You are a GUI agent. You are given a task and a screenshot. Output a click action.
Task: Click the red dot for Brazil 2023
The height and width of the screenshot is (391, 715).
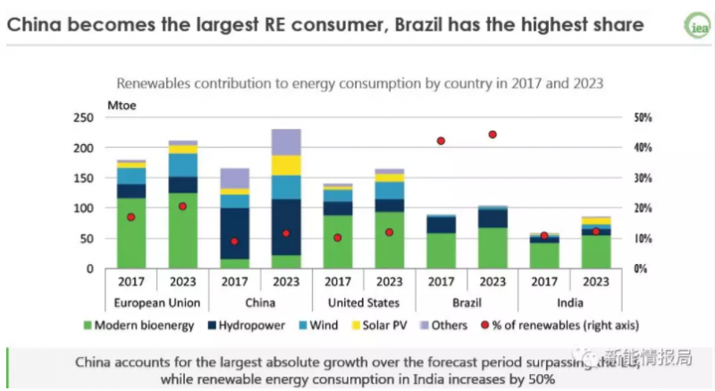coord(492,134)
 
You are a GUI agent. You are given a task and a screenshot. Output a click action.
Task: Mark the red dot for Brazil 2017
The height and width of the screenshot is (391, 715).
coord(441,141)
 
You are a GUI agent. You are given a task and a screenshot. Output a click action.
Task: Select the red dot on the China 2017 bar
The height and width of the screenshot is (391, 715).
coord(234,242)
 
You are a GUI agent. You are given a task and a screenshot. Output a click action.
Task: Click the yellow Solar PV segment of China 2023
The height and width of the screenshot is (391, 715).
coord(286,165)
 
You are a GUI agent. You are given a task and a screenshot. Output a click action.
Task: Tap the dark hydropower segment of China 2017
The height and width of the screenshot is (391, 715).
coord(234,233)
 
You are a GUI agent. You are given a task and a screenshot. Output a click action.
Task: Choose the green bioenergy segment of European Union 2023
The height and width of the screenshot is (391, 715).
coord(183,230)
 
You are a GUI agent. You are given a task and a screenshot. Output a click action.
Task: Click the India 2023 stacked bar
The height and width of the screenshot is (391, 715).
coord(595,242)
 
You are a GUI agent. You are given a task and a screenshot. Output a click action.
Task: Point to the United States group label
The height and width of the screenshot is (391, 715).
coord(363,302)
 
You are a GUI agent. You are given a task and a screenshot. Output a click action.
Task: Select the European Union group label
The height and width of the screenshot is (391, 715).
coord(157,302)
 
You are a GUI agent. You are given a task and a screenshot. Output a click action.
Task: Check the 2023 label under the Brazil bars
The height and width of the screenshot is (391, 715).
coord(492,281)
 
